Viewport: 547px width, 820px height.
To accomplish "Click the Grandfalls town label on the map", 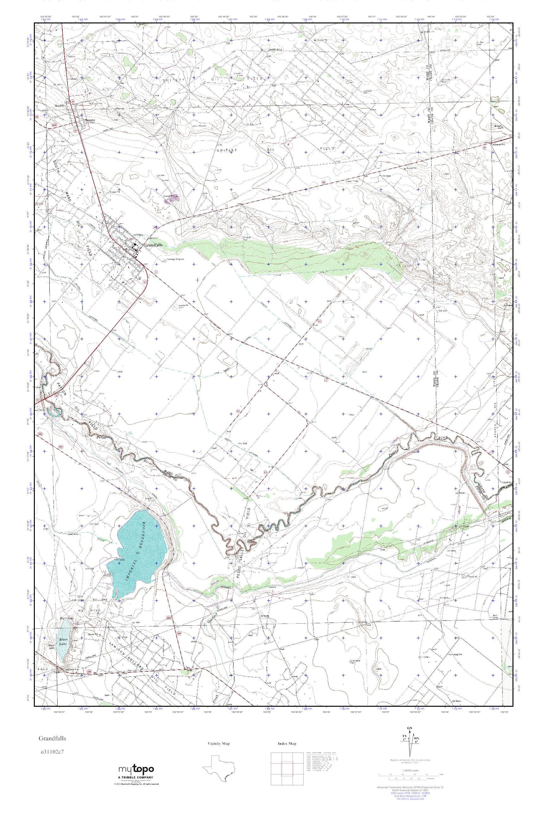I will coord(151,245).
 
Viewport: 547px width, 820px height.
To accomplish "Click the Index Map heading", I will coord(287,744).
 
